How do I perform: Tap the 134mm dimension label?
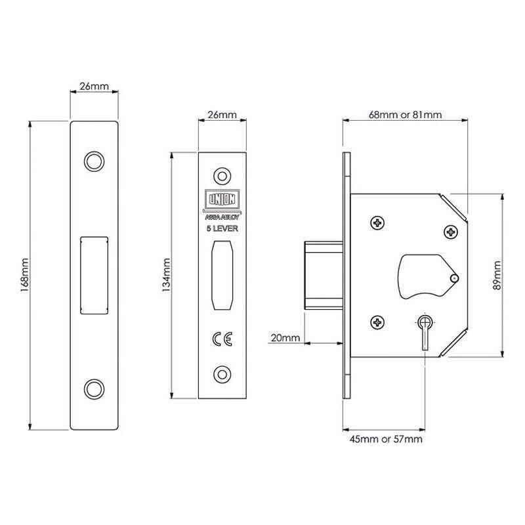(167, 275)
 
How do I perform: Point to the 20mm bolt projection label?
(284, 338)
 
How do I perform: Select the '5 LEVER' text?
(223, 229)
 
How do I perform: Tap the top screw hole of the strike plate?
(94, 160)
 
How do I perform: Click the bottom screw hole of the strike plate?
(94, 387)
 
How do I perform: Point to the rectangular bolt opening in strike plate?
(93, 274)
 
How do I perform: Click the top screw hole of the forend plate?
(223, 175)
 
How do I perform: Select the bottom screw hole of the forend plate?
(223, 373)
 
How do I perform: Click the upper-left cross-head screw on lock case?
(379, 224)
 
